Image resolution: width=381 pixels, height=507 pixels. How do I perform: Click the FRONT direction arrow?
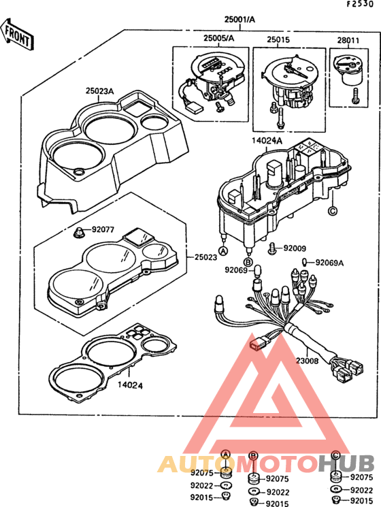tap(16, 35)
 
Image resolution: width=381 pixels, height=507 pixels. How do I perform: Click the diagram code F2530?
tap(360, 4)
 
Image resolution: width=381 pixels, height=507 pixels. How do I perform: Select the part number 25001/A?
tap(239, 20)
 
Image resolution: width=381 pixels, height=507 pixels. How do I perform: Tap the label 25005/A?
tap(219, 38)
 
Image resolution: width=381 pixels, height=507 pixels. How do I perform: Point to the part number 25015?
tap(278, 39)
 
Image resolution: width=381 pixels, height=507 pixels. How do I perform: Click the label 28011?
tap(348, 40)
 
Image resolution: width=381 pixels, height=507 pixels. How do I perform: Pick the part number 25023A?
tap(99, 91)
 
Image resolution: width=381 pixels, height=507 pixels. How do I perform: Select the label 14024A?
tap(267, 141)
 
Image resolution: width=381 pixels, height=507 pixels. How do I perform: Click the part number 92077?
tap(103, 230)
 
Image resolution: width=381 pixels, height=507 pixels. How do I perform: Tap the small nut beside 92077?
tap(78, 233)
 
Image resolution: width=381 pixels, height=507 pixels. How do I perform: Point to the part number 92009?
tap(295, 248)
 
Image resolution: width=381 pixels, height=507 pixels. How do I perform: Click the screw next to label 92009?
tap(272, 248)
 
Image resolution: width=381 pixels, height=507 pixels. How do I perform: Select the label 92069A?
tap(329, 263)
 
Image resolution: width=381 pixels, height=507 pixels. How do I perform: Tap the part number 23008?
tap(307, 361)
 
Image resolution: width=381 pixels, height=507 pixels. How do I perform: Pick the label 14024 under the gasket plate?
tap(130, 385)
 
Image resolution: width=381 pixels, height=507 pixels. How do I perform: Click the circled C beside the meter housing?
tap(332, 211)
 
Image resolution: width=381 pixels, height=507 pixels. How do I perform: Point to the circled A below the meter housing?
tap(223, 250)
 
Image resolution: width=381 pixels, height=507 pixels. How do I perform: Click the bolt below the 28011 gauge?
tap(355, 95)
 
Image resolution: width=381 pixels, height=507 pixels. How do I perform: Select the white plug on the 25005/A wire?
tap(195, 107)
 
